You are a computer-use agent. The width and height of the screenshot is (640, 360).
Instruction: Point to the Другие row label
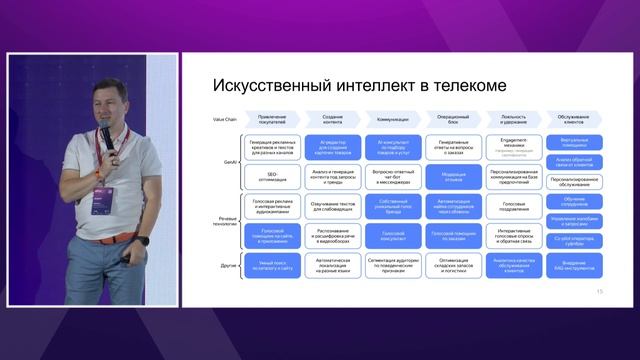pyautogui.click(x=229, y=265)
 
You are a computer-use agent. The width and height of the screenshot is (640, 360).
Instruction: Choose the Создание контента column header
pyautogui.click(x=333, y=118)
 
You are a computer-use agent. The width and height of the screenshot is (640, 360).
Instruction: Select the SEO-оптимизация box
pyautogui.click(x=272, y=176)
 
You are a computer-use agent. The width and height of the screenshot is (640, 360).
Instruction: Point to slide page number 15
pyautogui.click(x=599, y=292)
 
